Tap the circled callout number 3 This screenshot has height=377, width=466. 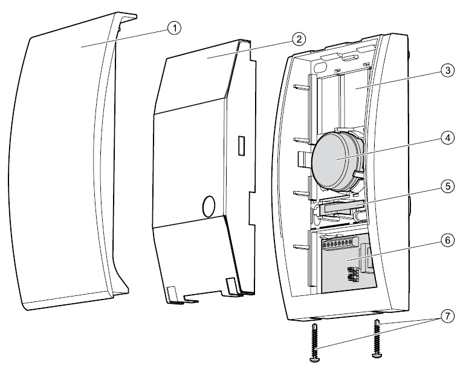[446, 71]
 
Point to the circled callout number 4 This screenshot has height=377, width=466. [446, 138]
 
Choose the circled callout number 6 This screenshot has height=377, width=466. [446, 240]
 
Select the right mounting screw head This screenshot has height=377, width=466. [377, 356]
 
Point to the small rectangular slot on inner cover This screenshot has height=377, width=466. [241, 145]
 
